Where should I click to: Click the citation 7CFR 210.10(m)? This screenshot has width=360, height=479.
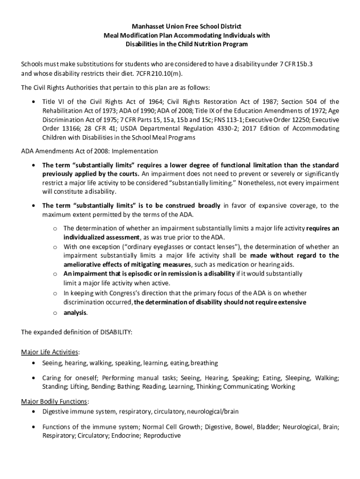[x=162, y=73]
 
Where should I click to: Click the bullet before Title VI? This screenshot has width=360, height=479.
[x=33, y=102]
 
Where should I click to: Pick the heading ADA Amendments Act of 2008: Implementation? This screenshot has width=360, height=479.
[x=90, y=151]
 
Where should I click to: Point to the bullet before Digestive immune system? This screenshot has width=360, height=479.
[x=33, y=412]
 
